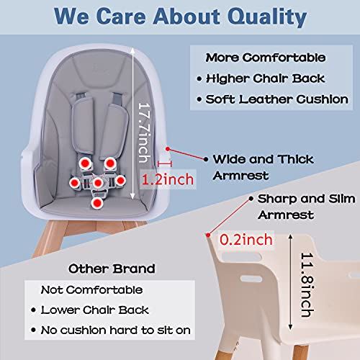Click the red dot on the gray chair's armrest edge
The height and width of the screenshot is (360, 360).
[x=167, y=149]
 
